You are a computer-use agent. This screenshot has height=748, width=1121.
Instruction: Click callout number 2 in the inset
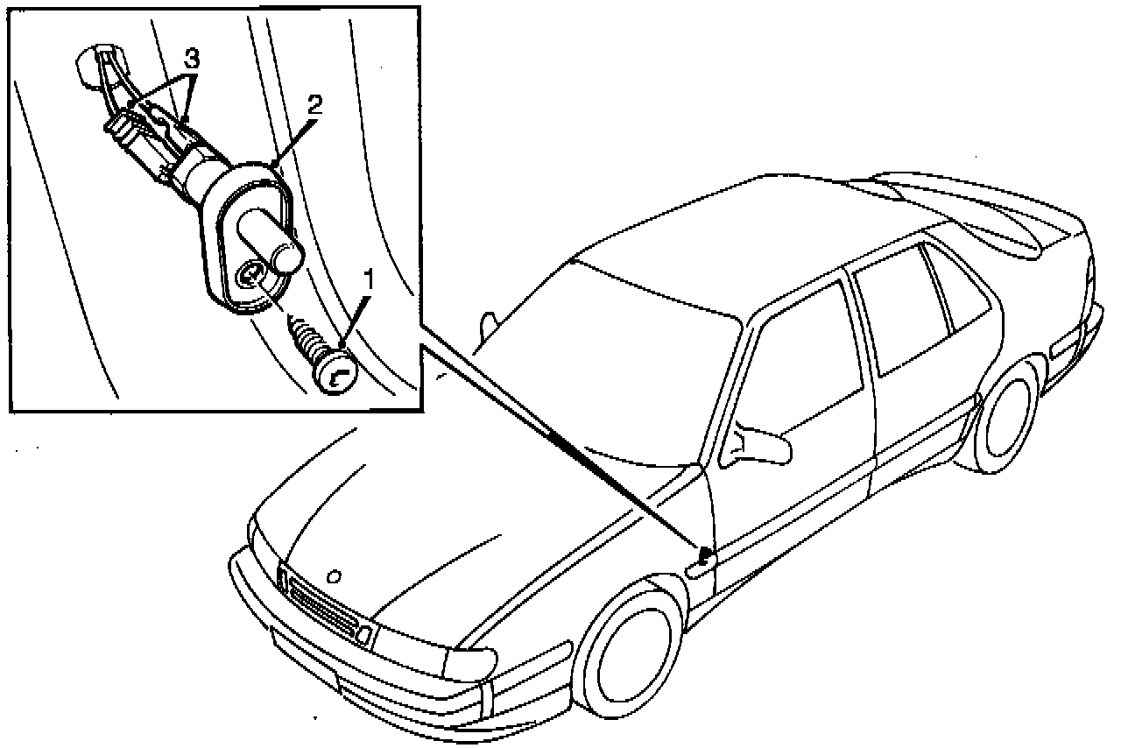(x=314, y=105)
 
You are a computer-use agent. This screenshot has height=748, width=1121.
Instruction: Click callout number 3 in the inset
(x=192, y=60)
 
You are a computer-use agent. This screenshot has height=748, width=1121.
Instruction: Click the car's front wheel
(x=631, y=648)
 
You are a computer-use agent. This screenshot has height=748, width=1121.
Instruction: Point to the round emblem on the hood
(x=332, y=575)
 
